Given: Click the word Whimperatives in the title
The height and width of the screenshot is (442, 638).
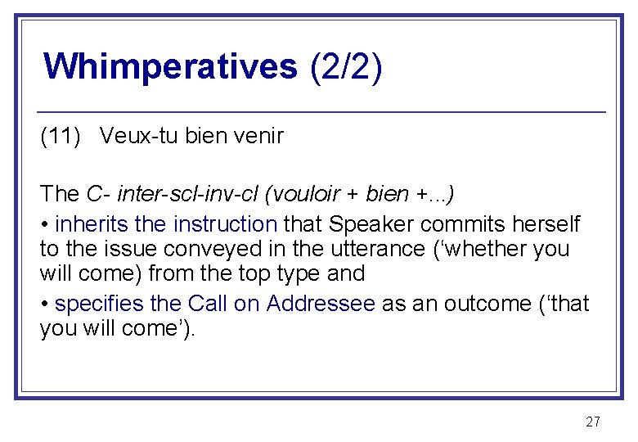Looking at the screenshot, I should (170, 66).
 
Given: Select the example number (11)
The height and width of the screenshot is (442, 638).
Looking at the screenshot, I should (61, 136).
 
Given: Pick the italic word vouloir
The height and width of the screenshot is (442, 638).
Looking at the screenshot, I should (308, 194).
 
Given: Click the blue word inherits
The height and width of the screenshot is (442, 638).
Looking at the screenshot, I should (88, 223).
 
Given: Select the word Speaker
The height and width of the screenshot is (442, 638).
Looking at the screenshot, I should (360, 223).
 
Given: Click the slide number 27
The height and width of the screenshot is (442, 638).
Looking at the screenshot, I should (593, 422).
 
